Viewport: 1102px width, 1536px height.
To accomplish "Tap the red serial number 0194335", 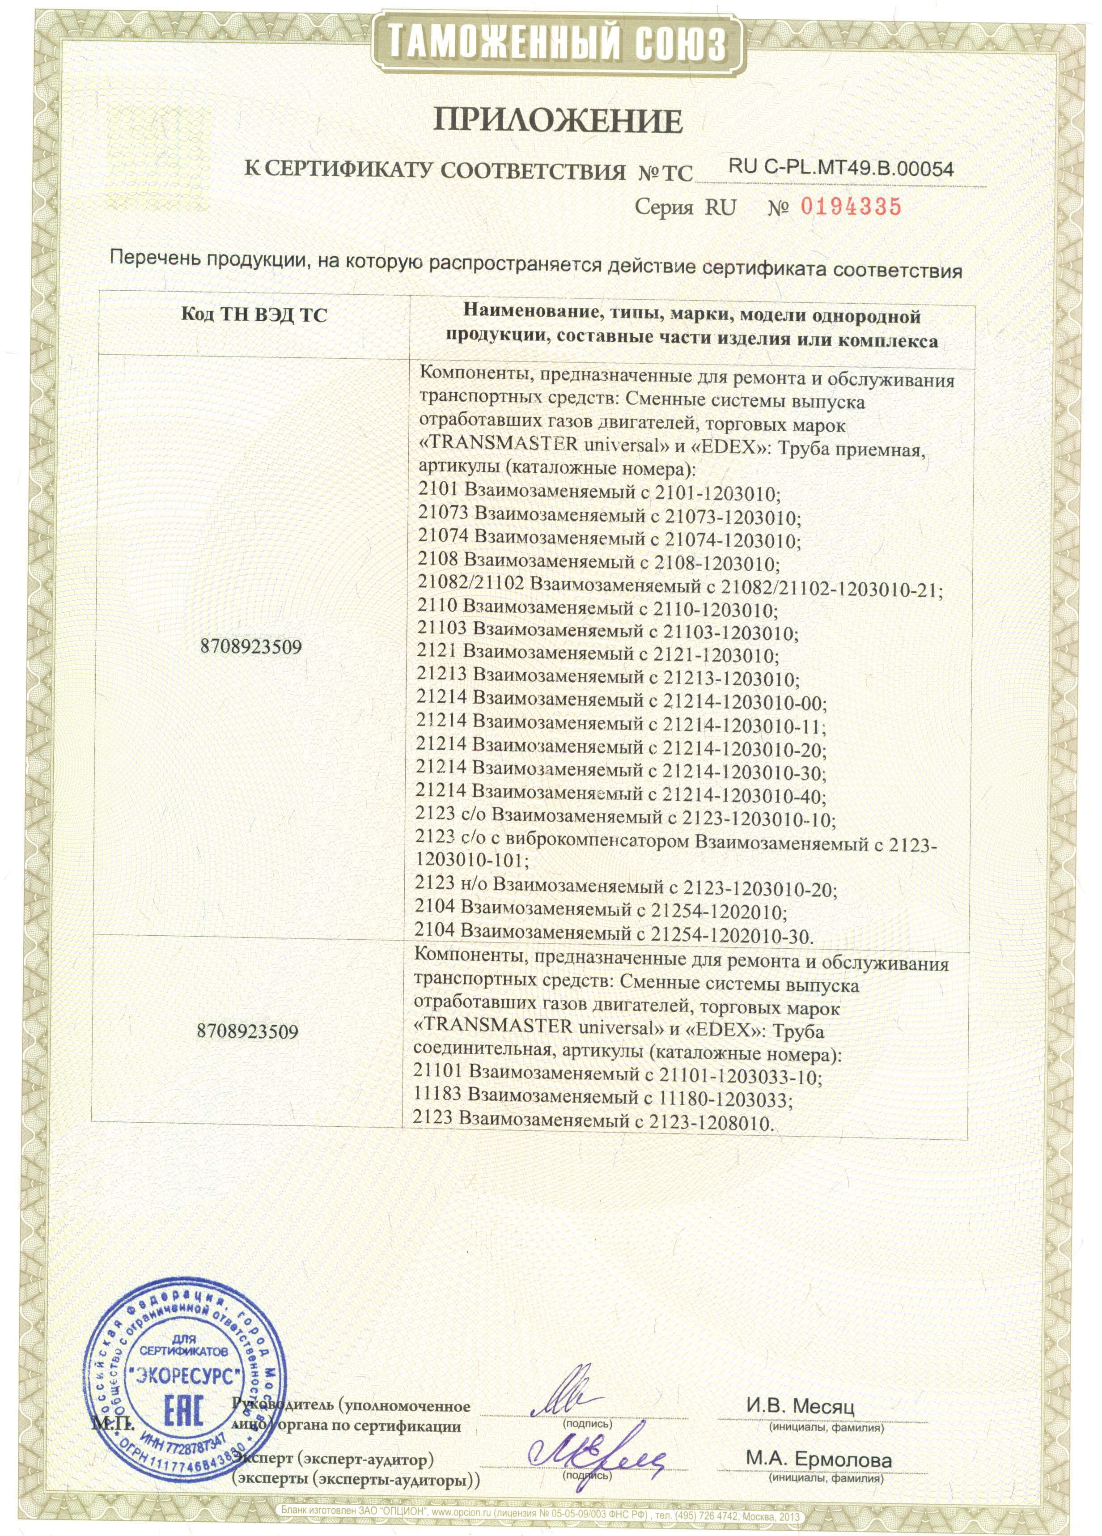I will (851, 207).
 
